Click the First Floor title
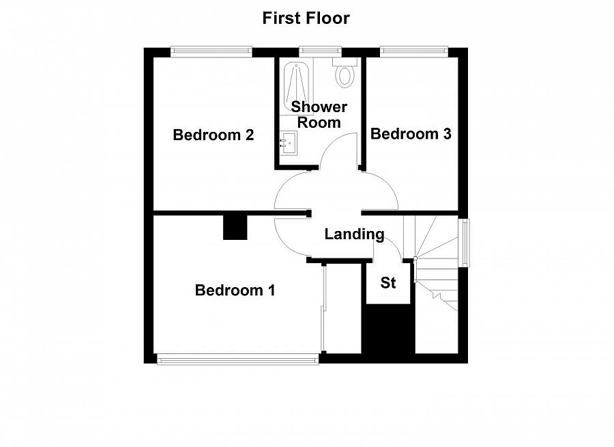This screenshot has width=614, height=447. coord(306,18)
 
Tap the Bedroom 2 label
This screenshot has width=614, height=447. coord(214,135)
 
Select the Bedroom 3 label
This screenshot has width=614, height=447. coord(411,134)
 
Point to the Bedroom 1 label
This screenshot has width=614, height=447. coord(235,290)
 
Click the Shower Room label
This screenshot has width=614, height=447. coord(319,115)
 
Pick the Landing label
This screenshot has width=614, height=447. coord(354,234)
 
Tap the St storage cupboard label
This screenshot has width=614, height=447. coord(388,282)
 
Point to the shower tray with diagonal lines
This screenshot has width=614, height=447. coord(295,85)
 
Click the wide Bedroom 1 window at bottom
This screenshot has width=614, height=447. coord(237,359)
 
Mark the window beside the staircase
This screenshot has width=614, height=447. coord(464,242)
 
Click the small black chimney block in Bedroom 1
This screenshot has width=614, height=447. coord(235,228)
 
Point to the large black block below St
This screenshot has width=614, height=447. coord(388,329)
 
